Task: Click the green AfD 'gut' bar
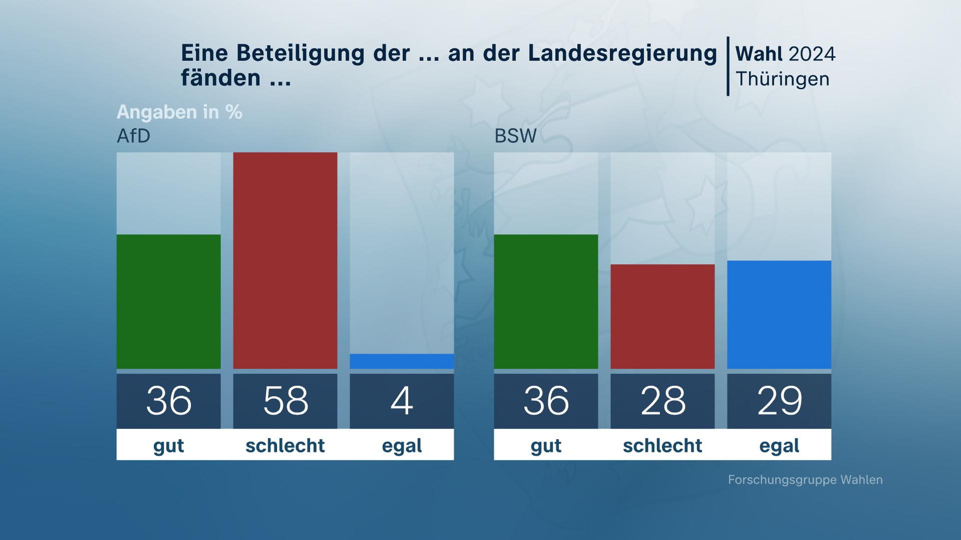tap(169, 301)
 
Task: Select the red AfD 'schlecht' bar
tap(285, 260)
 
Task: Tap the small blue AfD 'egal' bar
tap(402, 361)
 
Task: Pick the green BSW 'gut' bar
tap(546, 301)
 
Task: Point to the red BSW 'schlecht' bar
tap(663, 316)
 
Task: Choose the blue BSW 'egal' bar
tap(779, 314)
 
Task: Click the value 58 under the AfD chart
tap(285, 400)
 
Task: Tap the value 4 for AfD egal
tap(402, 400)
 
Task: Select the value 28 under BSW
tap(663, 400)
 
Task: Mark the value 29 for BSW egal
tap(779, 400)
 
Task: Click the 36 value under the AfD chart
tap(169, 400)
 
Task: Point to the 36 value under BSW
tap(546, 400)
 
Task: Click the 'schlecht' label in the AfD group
tap(285, 445)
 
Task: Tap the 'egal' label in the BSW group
tap(779, 445)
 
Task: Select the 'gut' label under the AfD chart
tap(169, 445)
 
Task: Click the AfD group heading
tap(134, 136)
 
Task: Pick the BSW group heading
tap(516, 136)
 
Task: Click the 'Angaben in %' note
tap(179, 112)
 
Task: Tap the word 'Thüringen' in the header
tap(782, 79)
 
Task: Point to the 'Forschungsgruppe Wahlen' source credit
tap(805, 480)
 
